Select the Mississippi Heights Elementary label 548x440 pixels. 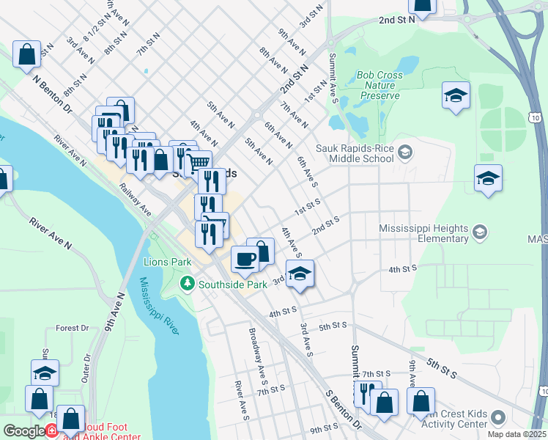[423, 233]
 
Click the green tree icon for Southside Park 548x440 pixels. [188, 282]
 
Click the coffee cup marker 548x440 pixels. [245, 258]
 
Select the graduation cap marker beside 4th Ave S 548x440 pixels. [299, 274]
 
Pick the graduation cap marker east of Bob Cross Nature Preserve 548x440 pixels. [456, 96]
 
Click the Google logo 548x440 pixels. [24, 431]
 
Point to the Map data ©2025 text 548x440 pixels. [516, 434]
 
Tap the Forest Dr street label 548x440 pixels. [72, 329]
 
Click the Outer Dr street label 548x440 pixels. [86, 367]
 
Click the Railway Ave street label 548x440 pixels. [136, 199]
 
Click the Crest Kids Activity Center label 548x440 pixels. [456, 419]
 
